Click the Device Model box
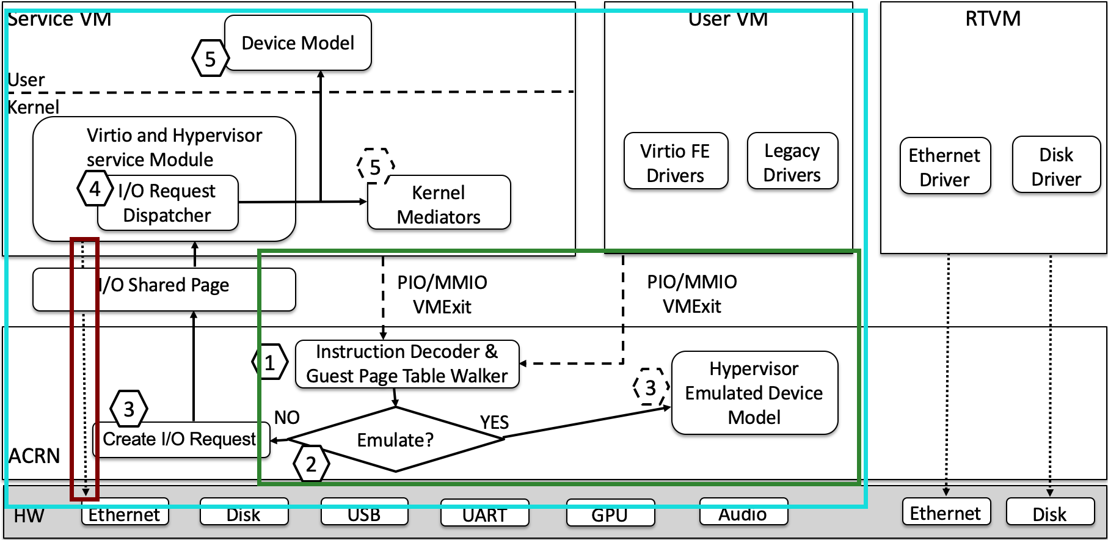click(298, 43)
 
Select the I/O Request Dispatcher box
click(167, 203)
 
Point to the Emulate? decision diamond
click(395, 439)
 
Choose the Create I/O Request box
click(179, 439)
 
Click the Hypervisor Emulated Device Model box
click(754, 393)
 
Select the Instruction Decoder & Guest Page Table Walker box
click(407, 364)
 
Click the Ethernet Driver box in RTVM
click(945, 166)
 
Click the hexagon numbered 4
click(95, 189)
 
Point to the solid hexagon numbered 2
click(311, 464)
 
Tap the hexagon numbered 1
click(269, 362)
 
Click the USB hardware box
click(364, 513)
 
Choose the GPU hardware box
click(610, 513)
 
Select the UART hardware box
click(484, 513)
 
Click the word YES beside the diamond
click(494, 422)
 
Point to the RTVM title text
click(993, 18)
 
